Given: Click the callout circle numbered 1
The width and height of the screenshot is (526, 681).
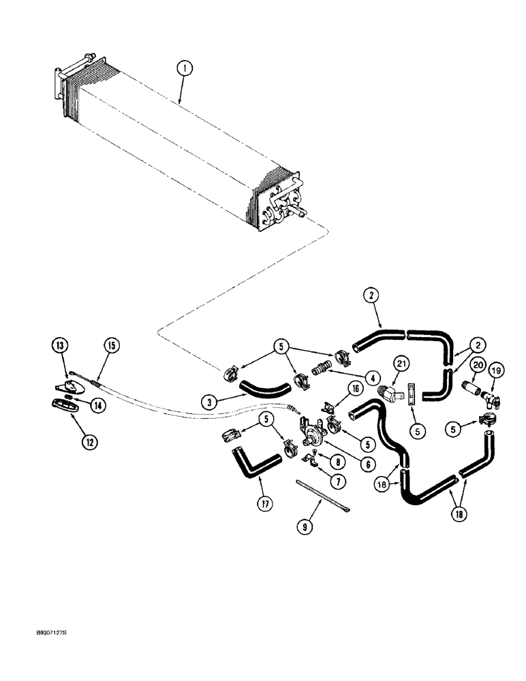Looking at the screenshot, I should tap(185, 68).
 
